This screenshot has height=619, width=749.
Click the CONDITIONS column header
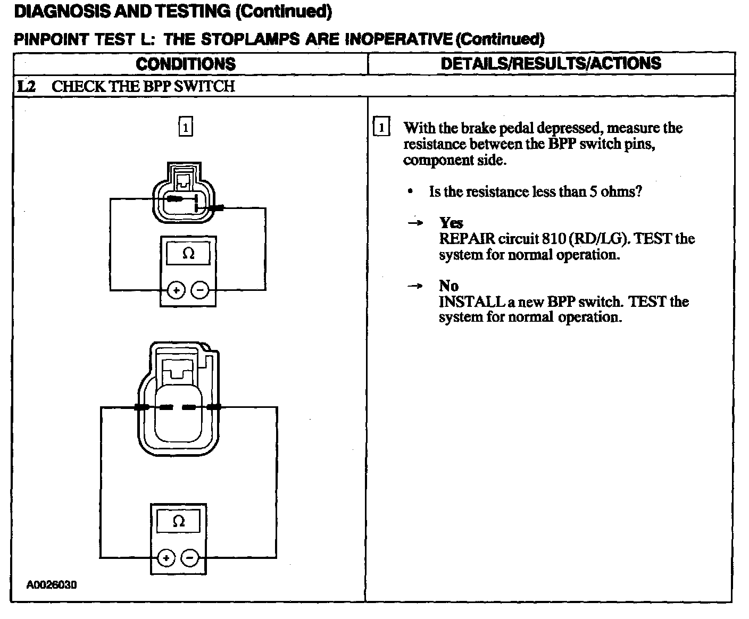[x=186, y=64]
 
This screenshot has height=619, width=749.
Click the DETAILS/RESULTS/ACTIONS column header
[x=551, y=63]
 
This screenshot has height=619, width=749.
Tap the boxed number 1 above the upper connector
[x=185, y=128]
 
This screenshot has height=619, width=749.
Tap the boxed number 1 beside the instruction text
[x=381, y=128]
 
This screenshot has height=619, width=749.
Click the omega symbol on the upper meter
[x=188, y=254]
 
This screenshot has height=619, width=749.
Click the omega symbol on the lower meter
[x=179, y=521]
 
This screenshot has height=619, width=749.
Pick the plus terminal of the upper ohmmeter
[x=176, y=290]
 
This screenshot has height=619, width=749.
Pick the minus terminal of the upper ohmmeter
[x=199, y=290]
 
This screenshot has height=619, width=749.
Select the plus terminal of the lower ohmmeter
[x=167, y=558]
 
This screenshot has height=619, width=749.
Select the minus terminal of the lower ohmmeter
[x=190, y=558]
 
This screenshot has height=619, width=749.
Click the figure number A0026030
[x=52, y=585]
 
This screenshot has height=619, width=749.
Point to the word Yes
[x=451, y=223]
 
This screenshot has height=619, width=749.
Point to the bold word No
[x=448, y=286]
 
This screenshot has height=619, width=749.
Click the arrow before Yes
[x=415, y=223]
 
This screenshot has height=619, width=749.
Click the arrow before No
[x=415, y=286]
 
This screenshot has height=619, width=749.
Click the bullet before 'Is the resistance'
[x=410, y=191]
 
